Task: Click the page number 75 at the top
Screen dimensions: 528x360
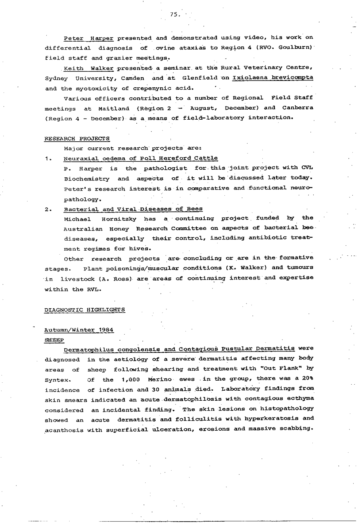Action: (x=174, y=14)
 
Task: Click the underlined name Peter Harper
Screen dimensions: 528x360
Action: (x=88, y=38)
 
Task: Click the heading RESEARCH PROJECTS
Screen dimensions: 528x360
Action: (x=77, y=139)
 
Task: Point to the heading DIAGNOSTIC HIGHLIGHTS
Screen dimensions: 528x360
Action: (x=85, y=309)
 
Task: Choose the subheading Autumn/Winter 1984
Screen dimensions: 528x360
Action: (x=79, y=330)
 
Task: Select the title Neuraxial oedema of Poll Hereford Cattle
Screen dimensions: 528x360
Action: (x=140, y=159)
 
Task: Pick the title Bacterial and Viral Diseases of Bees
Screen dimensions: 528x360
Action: (x=133, y=209)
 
